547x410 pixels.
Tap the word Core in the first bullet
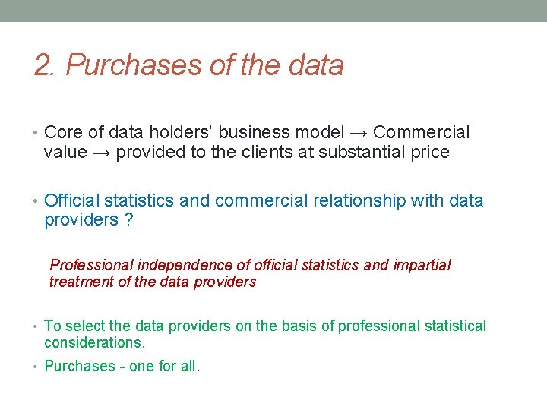(63, 133)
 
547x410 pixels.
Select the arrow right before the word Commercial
(356, 133)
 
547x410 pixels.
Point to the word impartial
(422, 265)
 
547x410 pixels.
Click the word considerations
(93, 343)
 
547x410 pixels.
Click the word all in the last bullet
(188, 366)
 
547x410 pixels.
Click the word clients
(271, 153)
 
